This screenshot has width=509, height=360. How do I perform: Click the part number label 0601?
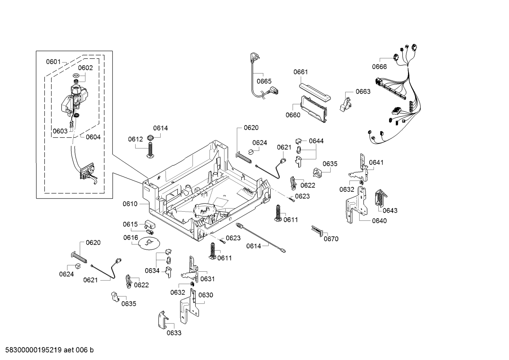click(53, 61)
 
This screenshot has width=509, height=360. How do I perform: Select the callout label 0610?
click(130, 203)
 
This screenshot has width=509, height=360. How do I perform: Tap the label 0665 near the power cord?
click(264, 81)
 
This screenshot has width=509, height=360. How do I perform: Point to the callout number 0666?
click(379, 66)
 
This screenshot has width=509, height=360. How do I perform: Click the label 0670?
click(331, 239)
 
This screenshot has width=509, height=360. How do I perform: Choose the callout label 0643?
click(390, 211)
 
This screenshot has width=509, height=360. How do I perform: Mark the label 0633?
click(174, 333)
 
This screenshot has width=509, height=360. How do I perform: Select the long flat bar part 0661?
click(314, 91)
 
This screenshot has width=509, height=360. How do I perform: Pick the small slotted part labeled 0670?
click(317, 231)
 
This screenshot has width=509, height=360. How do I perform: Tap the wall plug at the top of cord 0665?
click(253, 57)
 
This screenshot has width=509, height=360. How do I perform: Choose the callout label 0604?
click(93, 137)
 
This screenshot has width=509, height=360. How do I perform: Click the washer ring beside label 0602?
click(75, 75)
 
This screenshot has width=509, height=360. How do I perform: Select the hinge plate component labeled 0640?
click(357, 205)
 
